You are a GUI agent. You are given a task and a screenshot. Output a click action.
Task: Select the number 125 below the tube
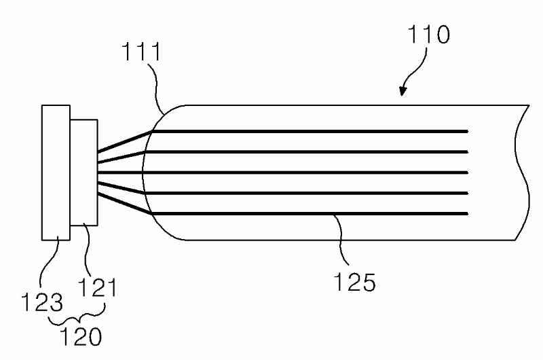point(355,281)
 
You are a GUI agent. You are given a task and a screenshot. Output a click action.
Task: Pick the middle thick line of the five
point(305,173)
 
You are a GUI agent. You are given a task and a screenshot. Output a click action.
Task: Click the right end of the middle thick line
point(468,173)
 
